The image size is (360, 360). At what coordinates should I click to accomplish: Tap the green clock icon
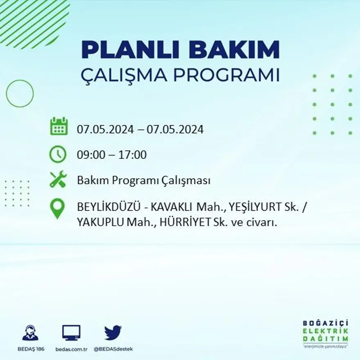pyautogui.click(x=58, y=154)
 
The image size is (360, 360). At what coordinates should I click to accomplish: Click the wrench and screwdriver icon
pyautogui.click(x=58, y=179)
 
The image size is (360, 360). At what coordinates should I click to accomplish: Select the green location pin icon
pyautogui.click(x=58, y=208)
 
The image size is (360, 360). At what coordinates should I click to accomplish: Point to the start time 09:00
pyautogui.click(x=90, y=155)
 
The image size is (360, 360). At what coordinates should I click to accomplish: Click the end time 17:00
pyautogui.click(x=133, y=155)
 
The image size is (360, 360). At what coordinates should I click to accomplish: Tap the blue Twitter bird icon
pyautogui.click(x=113, y=333)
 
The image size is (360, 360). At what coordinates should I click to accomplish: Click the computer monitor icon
pyautogui.click(x=71, y=333)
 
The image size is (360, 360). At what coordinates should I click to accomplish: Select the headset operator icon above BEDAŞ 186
pyautogui.click(x=30, y=333)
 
